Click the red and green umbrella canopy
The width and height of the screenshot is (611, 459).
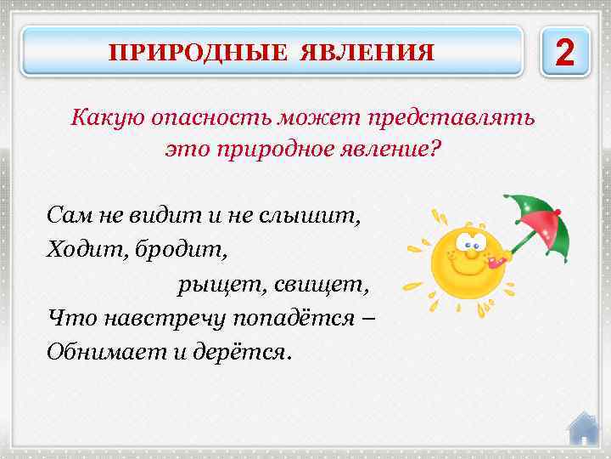(536, 219)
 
